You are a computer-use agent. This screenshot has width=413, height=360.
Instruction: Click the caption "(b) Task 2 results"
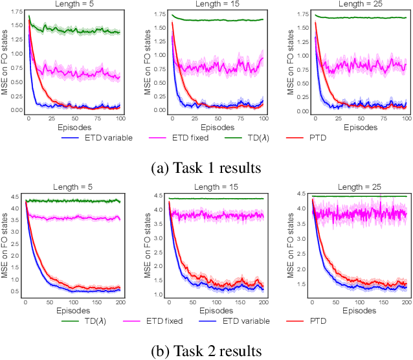206,350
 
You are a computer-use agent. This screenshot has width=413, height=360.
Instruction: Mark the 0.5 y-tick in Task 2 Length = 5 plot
16,291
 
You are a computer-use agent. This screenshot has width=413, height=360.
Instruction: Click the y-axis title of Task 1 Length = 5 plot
5,63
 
